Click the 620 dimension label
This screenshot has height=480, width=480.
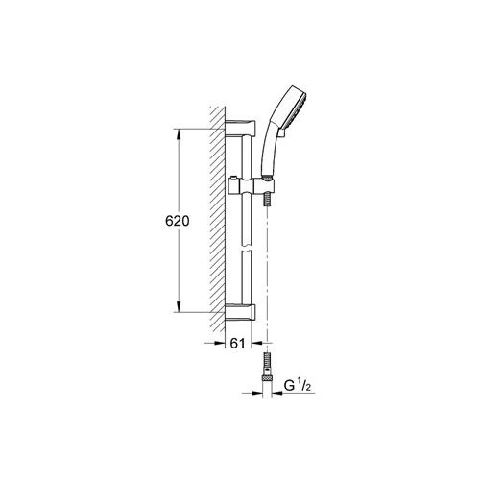[x=178, y=221]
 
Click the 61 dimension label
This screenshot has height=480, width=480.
[x=237, y=344]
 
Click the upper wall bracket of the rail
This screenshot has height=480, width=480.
[x=241, y=128]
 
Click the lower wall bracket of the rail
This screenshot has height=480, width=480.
[x=241, y=312]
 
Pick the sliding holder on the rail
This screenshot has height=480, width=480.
[x=252, y=186]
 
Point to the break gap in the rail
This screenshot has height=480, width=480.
[x=247, y=249]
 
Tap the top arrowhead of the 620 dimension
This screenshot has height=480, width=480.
[x=179, y=134]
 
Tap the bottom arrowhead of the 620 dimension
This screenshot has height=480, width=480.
[x=179, y=306]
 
